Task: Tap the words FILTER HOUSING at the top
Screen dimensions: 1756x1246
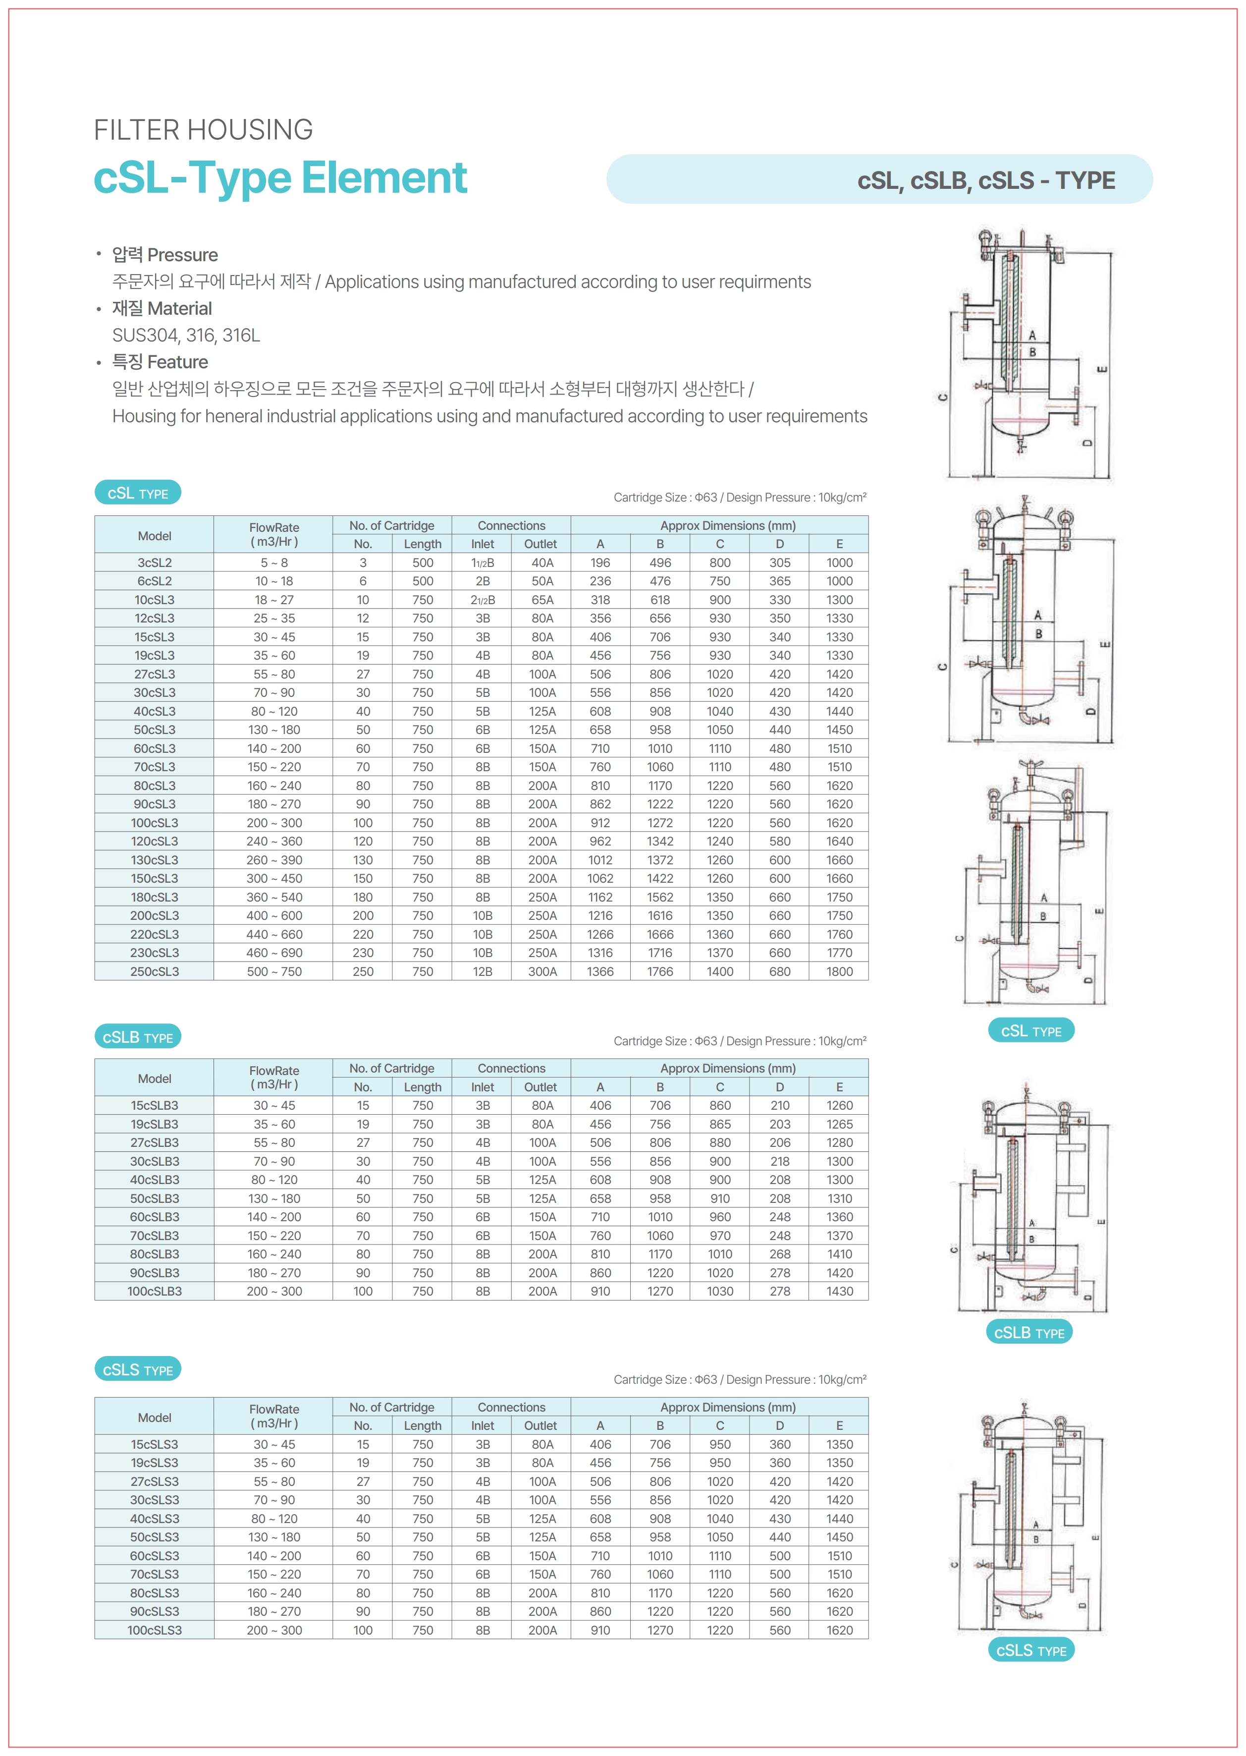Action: [203, 130]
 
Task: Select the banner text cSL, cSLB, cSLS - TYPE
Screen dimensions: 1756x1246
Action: [986, 180]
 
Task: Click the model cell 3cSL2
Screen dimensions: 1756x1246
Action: [154, 563]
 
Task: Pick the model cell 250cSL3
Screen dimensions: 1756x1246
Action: [154, 971]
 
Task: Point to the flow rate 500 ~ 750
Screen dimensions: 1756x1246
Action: [274, 971]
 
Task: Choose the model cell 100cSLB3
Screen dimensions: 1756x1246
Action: [154, 1292]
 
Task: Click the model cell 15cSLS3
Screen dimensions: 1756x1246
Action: [154, 1444]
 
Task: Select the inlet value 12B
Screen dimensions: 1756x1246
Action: [483, 971]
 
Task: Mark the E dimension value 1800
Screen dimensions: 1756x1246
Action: [839, 971]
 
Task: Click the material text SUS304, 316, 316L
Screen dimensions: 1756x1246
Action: [186, 336]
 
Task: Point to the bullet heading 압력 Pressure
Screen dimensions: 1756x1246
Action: [165, 255]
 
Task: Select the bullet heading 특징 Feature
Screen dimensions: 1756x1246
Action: [161, 362]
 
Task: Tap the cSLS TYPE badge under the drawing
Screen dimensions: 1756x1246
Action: [1031, 1650]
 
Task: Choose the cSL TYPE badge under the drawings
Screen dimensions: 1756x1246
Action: [1031, 1031]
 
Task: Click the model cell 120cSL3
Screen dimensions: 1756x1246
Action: [154, 841]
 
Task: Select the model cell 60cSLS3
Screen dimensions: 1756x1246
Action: [154, 1556]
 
